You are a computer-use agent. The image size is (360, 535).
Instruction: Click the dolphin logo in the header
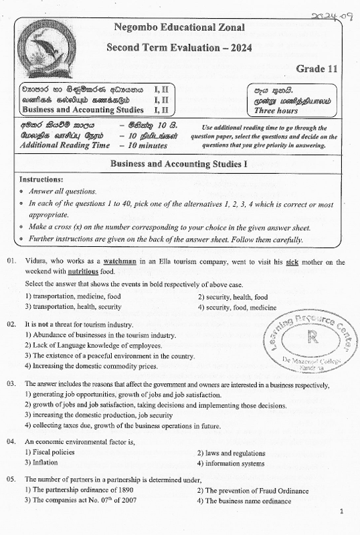46,47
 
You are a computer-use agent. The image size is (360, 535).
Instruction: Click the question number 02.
11,324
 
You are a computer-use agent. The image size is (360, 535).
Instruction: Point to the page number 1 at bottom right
341,512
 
